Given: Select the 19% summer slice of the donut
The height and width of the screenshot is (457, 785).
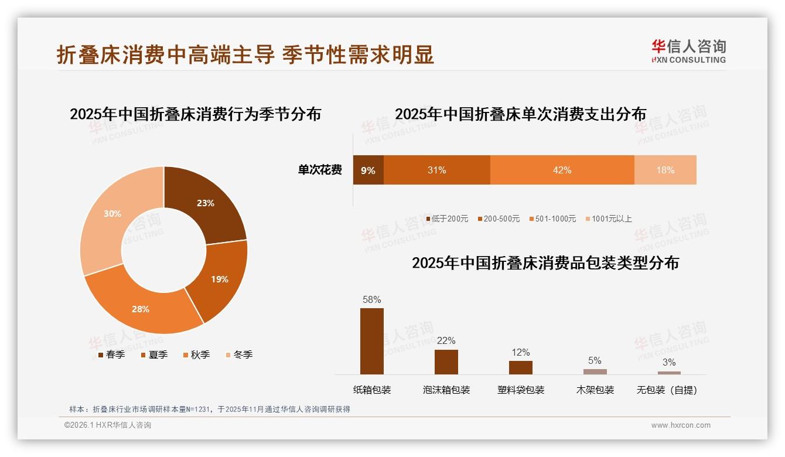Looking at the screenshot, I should tap(220, 279).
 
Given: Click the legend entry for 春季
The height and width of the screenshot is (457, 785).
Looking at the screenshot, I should tap(111, 354).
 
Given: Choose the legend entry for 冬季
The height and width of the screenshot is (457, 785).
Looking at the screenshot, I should tap(238, 354).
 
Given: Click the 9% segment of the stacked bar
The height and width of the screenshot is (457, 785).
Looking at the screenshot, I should tap(368, 170).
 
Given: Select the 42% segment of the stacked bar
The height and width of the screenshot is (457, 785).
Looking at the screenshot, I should tap(562, 170).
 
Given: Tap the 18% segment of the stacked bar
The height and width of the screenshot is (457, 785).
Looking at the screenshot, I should tap(665, 170).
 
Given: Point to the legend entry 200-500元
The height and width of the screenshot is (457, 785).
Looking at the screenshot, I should tap(498, 219).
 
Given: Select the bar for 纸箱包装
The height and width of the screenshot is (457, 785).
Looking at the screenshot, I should tap(371, 341).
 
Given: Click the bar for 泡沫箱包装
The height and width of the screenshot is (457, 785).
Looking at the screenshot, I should tap(446, 361).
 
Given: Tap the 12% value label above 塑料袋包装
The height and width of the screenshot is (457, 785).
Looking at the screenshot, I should tap(520, 352).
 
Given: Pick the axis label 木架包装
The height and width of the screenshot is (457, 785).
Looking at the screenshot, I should tap(595, 390).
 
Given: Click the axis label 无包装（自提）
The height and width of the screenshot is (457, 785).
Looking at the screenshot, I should tap(667, 390).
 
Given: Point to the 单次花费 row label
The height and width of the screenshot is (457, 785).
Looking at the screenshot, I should tap(320, 170).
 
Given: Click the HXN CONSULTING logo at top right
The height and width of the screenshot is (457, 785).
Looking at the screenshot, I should tap(688, 52).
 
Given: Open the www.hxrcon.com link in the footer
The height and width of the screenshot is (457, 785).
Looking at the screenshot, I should tap(681, 425).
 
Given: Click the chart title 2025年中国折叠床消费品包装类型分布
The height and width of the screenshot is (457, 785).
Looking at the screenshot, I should tap(545, 263).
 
